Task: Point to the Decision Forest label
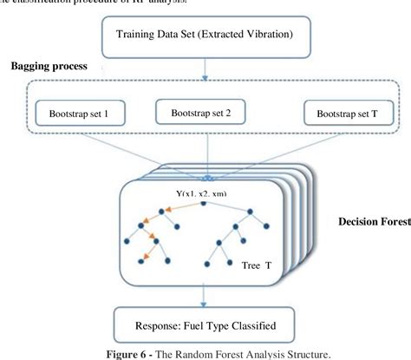pos(374,221)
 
